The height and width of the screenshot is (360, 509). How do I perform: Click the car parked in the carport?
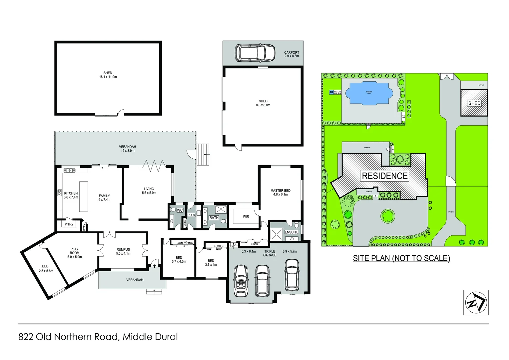[x=255, y=53]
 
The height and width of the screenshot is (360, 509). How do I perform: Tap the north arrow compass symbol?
[x=476, y=302]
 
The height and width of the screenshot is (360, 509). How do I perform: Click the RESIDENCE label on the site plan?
[x=385, y=176]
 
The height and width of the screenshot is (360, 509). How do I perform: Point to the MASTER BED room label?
[x=280, y=191]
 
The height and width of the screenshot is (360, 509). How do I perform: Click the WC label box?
[x=180, y=210]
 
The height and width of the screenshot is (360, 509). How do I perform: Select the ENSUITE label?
[x=291, y=232]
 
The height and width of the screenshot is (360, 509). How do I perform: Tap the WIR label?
[x=246, y=217]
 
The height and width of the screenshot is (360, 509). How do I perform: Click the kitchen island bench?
[x=84, y=196]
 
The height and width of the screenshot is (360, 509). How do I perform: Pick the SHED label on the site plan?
[x=474, y=103]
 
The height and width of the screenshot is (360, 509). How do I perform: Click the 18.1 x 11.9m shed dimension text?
[x=108, y=77]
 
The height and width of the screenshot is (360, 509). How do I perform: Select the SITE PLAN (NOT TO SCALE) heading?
[x=401, y=258]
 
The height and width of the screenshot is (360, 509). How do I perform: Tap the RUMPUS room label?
[x=123, y=249]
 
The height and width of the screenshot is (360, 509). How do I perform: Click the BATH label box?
[x=214, y=218]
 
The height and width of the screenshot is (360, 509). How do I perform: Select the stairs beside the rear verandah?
[x=203, y=154]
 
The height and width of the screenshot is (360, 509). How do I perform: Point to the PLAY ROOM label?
[x=75, y=251]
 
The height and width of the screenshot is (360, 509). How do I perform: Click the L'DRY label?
[x=191, y=215]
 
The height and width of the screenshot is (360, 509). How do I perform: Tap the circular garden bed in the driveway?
[x=387, y=216]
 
